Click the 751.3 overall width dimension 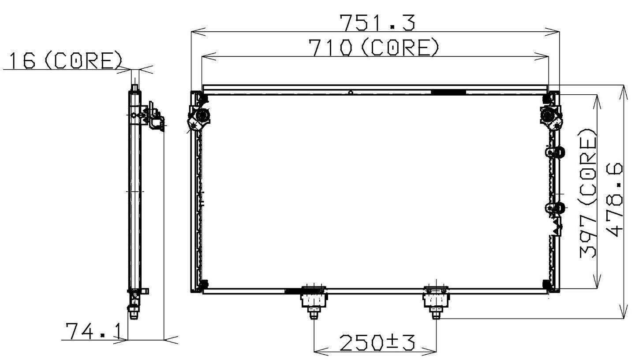[377, 23]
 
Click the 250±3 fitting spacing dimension [377, 342]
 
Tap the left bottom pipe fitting [314, 301]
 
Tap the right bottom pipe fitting [437, 301]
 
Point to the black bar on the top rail [448, 92]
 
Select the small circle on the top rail [350, 93]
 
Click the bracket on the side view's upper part [153, 115]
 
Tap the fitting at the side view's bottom [133, 310]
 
